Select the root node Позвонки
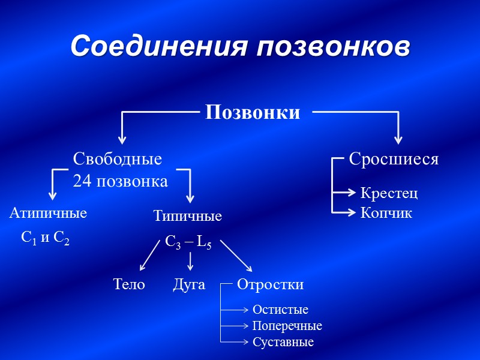coord(253,112)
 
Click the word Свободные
coord(118,160)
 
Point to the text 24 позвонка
coord(120,181)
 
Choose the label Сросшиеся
coord(394,160)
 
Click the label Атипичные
coord(49,213)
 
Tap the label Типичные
coord(187,216)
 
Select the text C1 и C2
coord(45,238)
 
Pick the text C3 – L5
coord(188,242)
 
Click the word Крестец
coord(389,193)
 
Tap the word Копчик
coord(386,213)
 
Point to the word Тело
coord(129,284)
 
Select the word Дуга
coord(189,284)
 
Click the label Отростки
coord(270,284)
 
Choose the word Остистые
coord(280,310)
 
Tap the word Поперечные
coord(287,326)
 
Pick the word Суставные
coord(283,342)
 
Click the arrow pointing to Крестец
coord(346,193)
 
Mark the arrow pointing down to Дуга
coord(190,260)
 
